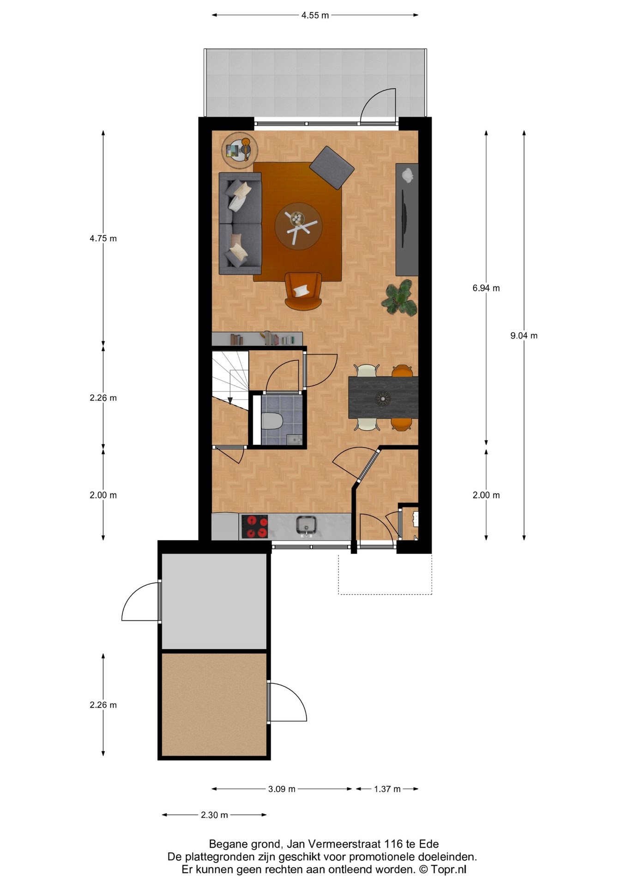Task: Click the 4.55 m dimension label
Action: coord(315,15)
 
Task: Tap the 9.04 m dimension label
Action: coord(524,336)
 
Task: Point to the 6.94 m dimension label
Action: coord(486,288)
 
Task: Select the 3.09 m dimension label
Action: coord(282,789)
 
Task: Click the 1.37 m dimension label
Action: coord(387,789)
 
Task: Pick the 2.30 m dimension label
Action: coord(214,815)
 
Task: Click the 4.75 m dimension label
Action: coord(103,238)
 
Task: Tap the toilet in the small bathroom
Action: coord(272,421)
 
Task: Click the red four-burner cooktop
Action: coord(254,527)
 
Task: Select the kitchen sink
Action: coord(306,526)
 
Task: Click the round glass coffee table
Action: coord(298,226)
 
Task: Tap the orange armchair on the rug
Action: coord(303,291)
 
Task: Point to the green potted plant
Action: coord(399,298)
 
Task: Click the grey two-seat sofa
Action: coord(240,224)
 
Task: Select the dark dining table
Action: coord(383,397)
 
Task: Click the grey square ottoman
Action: coord(332,168)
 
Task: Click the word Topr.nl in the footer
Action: coord(449,869)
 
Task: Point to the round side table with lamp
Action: coord(240,150)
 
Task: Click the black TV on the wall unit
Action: coord(404,218)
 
